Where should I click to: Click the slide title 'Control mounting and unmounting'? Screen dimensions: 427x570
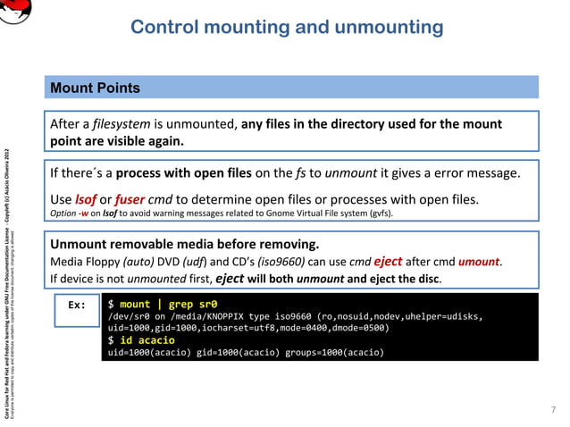click(x=287, y=27)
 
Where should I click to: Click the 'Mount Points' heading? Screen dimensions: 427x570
click(x=93, y=88)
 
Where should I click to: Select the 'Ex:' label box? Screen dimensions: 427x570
click(x=77, y=305)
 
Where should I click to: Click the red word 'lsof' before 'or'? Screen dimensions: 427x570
click(x=86, y=198)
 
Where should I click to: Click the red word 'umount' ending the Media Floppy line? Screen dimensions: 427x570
click(x=480, y=263)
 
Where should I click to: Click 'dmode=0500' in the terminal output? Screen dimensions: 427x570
click(x=360, y=328)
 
